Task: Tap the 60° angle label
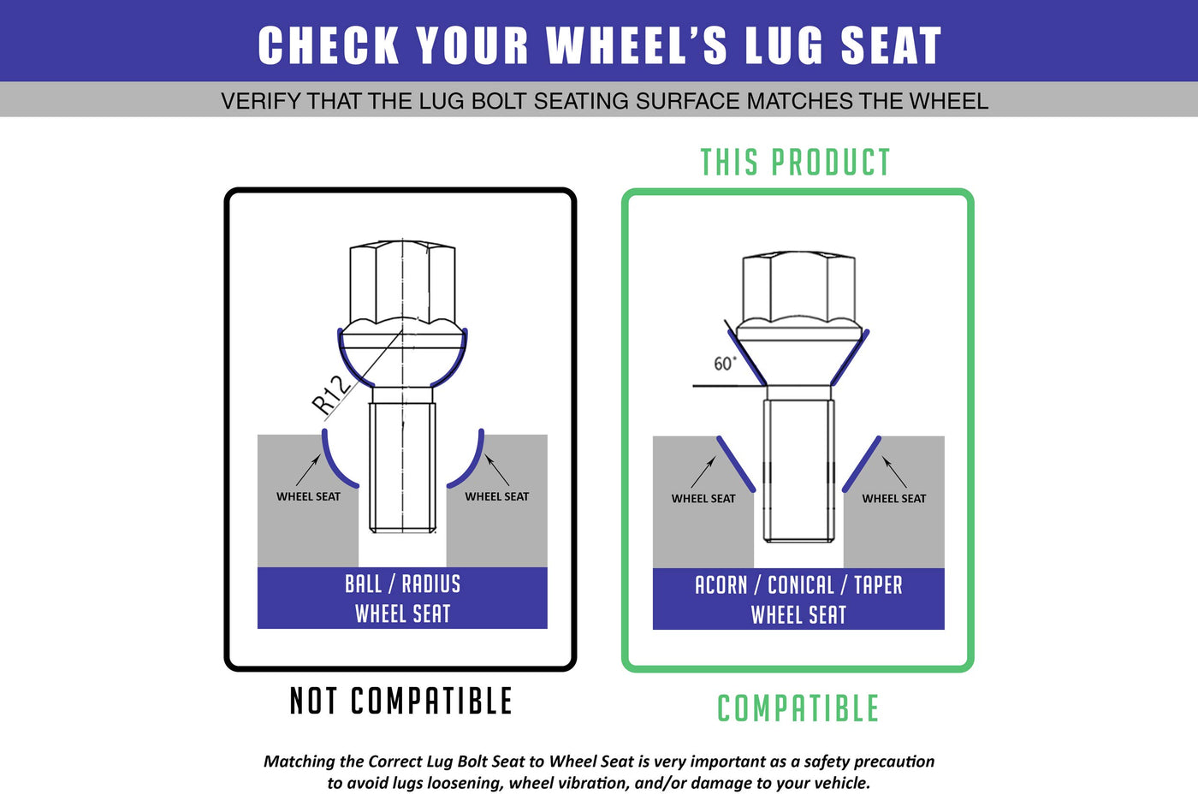[725, 364]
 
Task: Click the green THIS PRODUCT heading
[795, 162]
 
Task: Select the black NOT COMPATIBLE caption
[401, 701]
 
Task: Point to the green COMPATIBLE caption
[798, 708]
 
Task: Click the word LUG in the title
[784, 46]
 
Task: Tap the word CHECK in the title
[329, 45]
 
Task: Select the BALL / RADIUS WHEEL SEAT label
[403, 599]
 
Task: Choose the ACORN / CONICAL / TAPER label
[798, 584]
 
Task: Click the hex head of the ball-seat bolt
[402, 282]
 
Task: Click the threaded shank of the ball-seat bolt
[402, 467]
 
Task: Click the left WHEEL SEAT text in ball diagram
[309, 496]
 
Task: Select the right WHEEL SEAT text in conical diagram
[893, 499]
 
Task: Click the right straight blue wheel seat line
[862, 465]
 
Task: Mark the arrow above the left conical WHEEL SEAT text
[703, 471]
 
